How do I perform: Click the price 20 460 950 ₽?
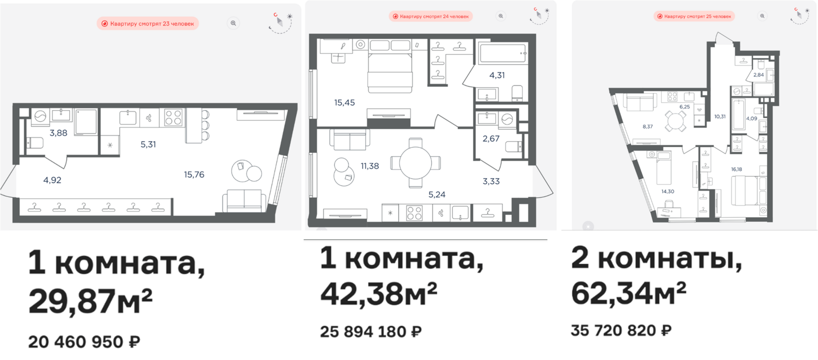84,342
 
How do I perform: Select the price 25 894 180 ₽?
371,331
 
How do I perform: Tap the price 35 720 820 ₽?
621,330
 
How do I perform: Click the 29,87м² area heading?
90,301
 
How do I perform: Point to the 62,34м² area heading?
629,293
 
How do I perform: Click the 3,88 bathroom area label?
58,133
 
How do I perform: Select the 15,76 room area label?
194,175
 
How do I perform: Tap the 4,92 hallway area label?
52,180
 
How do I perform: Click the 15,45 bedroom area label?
344,103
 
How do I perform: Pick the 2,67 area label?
491,138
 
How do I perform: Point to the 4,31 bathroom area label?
497,76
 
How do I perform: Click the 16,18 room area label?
736,169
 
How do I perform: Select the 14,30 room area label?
668,191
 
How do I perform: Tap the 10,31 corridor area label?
720,116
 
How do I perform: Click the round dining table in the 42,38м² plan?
416,163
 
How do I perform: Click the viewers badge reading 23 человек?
148,24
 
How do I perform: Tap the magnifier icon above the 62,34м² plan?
762,16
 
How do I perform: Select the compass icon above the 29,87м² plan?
280,23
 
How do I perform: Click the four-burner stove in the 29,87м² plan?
173,118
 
